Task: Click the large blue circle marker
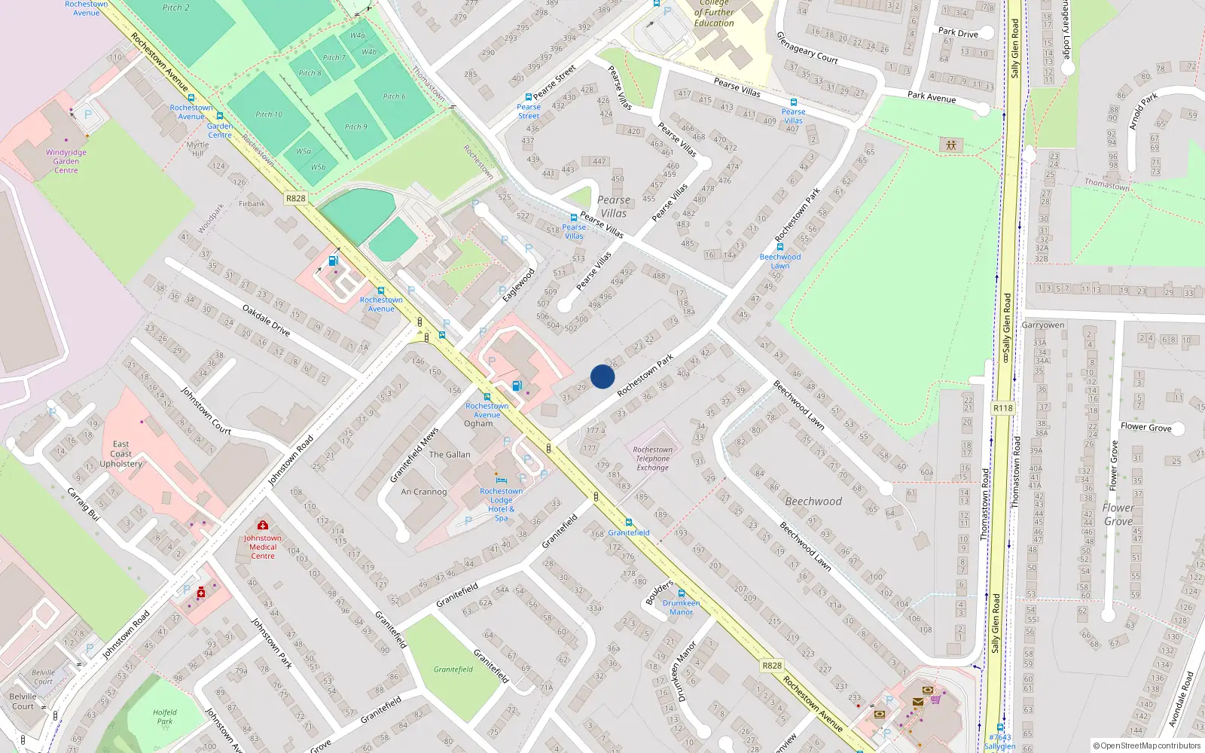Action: pos(602,376)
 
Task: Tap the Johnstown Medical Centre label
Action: pos(262,547)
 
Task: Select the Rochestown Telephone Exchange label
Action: pos(652,459)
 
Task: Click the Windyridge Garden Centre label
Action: pos(66,161)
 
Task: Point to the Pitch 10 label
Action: pos(269,114)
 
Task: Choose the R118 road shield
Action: pos(1002,408)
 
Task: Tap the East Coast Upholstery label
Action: pos(120,454)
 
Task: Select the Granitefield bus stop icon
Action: pos(629,523)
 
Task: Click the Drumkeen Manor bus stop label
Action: pos(681,608)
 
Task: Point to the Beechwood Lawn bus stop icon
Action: pos(780,247)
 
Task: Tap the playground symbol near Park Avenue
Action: pos(950,145)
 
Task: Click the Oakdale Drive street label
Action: pos(266,319)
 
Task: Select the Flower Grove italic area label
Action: pos(1118,514)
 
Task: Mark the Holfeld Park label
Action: pos(164,717)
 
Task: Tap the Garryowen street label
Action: pos(1042,325)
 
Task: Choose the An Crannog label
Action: pos(423,492)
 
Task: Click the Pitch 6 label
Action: pos(394,96)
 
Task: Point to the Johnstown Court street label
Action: pos(206,410)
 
